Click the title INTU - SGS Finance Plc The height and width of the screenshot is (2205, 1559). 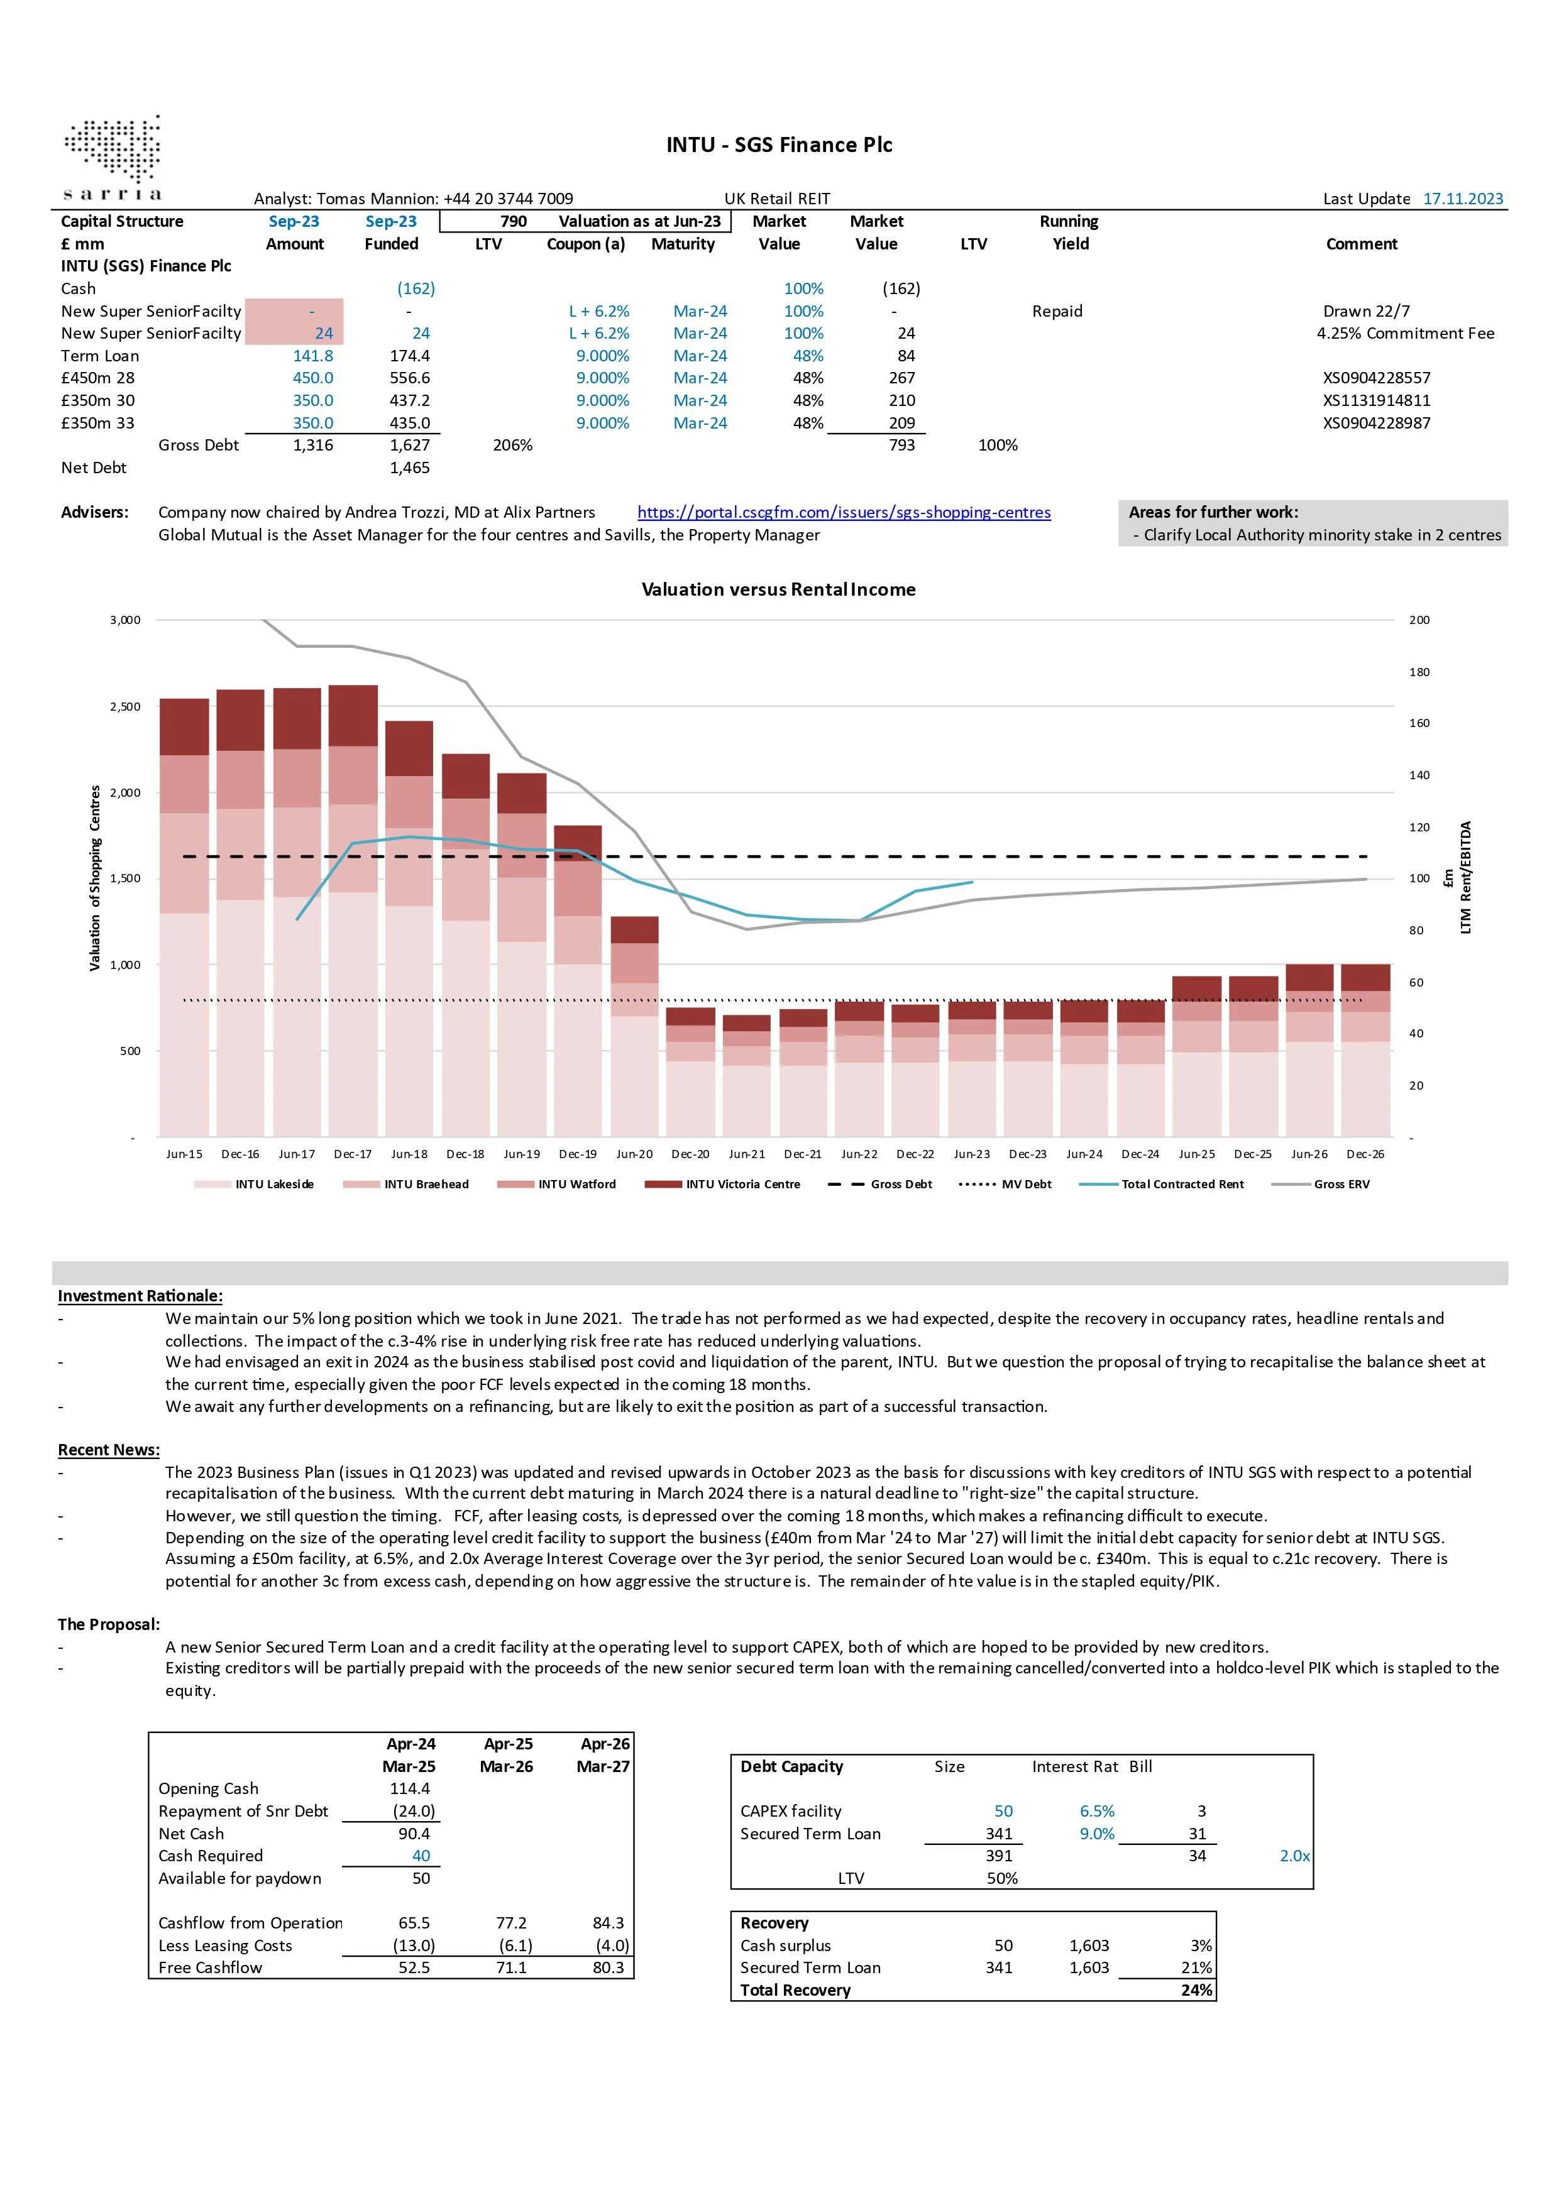779,145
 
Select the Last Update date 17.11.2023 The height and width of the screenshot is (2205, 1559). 1463,199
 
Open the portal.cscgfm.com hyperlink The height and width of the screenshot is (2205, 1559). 844,513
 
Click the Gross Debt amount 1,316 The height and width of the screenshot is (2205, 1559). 313,446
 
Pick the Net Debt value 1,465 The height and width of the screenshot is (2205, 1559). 410,468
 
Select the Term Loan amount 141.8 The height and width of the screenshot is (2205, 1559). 313,355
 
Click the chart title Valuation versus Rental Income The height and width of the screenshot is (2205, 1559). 778,589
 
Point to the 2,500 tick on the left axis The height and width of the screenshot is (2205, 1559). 125,707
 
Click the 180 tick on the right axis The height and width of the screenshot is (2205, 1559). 1419,672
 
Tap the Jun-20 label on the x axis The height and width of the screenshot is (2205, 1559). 634,1154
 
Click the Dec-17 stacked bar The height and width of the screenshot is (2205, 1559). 353,911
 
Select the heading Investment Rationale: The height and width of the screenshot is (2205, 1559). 140,1296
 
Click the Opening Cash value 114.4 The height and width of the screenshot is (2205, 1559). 410,1788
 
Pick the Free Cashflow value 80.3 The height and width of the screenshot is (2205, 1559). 608,1968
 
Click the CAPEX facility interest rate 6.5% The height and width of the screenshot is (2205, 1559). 1097,1811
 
